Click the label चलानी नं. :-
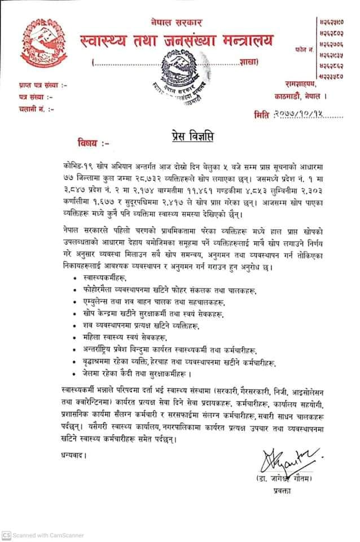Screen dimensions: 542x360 pos(32,107)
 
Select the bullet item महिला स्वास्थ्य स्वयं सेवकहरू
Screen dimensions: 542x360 pos(121,337)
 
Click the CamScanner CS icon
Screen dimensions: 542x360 pos(6,534)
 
